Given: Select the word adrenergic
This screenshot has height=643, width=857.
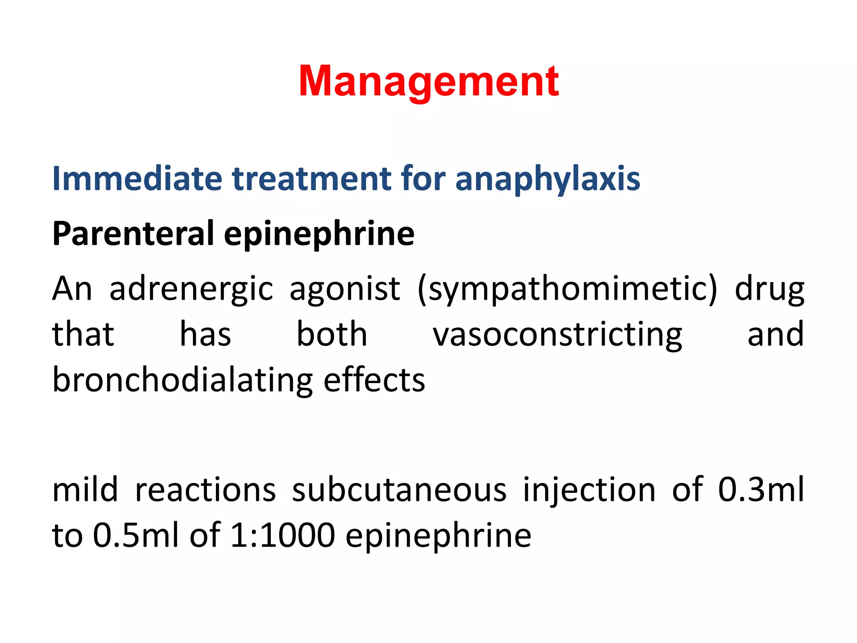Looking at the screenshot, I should pos(191,290).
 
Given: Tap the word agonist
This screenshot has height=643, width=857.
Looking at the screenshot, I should pos(345,290).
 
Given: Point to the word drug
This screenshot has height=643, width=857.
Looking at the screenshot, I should pos(769,290).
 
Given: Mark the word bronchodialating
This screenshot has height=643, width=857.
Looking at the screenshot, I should pos(182,381).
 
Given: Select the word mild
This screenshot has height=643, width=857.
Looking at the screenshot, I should pos(85,489).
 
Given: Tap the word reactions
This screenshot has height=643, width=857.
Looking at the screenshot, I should pos(205,489).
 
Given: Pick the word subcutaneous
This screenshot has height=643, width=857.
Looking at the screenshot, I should pos(399,489).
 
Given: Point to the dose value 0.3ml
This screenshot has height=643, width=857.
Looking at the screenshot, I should pos(761,489).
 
